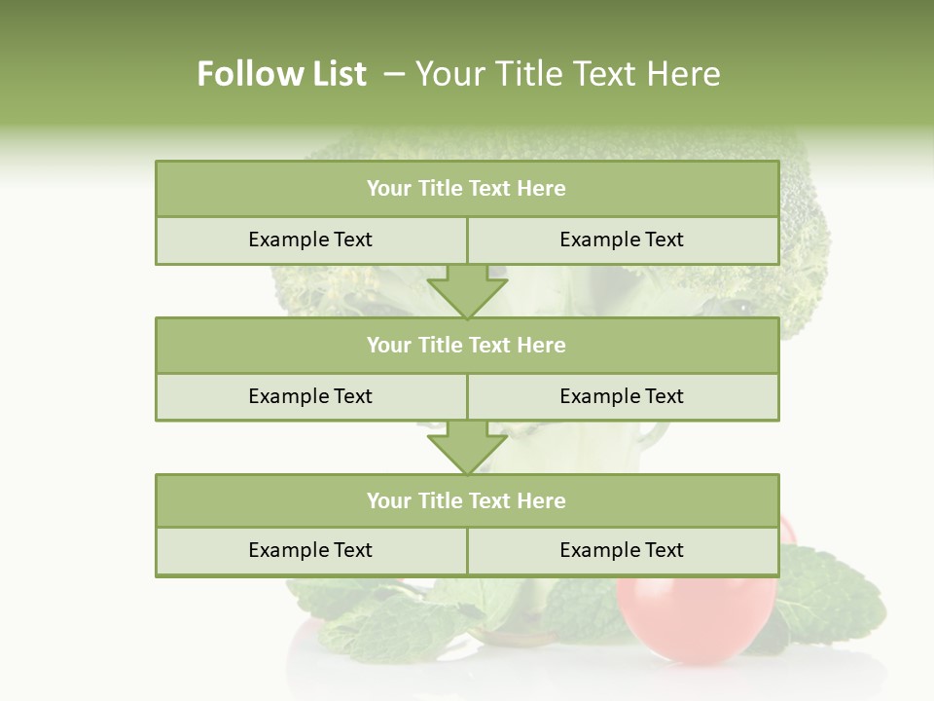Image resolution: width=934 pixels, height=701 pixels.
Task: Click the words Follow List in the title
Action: tap(281, 74)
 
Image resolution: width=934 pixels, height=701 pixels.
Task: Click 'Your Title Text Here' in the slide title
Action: tap(567, 74)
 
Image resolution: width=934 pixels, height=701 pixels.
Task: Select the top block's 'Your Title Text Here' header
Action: tap(466, 189)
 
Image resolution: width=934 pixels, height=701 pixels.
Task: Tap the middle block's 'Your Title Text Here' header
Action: tap(466, 345)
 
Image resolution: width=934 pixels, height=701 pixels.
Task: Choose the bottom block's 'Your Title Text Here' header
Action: tap(466, 500)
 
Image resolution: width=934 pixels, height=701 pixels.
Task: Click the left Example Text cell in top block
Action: tap(310, 240)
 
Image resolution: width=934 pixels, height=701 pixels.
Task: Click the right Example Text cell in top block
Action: tap(622, 240)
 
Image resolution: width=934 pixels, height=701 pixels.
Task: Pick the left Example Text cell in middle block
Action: tap(310, 396)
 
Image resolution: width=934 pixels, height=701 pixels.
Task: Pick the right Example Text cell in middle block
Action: tap(622, 396)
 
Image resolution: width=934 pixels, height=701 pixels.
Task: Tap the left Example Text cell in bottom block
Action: tap(310, 550)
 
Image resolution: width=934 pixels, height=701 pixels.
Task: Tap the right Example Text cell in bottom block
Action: tap(622, 550)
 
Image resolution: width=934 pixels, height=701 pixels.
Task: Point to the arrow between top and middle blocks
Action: tap(467, 291)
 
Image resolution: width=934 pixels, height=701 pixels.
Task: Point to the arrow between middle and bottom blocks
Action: tap(467, 447)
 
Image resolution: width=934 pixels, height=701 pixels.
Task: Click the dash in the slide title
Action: tap(393, 74)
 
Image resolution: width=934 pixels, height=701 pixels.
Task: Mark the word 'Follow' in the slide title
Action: tap(244, 74)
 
